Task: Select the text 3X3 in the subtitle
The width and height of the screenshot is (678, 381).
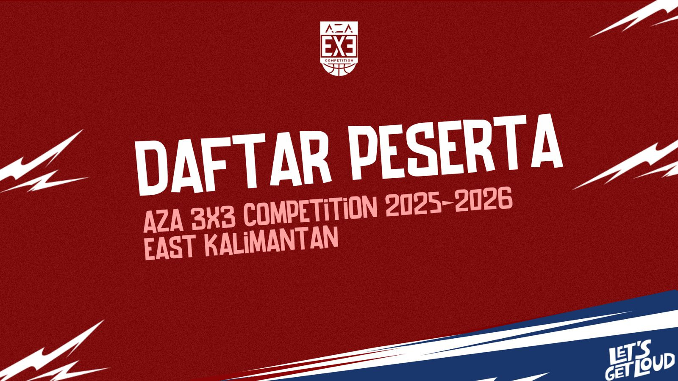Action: pos(213,218)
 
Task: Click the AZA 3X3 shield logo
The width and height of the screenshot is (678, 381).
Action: pos(339,48)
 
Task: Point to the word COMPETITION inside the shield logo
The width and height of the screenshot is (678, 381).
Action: pos(339,60)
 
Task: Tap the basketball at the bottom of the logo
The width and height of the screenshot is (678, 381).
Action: pos(339,69)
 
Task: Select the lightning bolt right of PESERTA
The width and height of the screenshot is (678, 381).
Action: pos(627,165)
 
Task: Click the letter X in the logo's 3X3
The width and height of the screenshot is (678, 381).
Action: pos(339,47)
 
